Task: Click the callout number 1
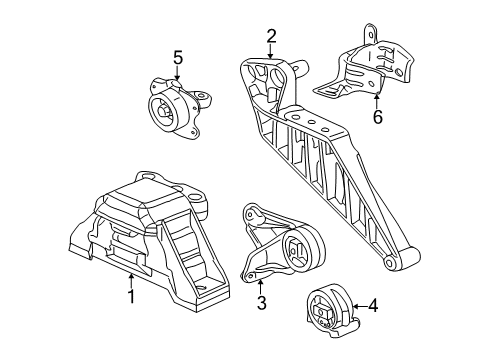[130, 297]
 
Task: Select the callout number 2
[271, 37]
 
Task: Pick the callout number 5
[178, 58]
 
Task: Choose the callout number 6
[377, 118]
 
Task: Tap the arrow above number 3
[257, 282]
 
